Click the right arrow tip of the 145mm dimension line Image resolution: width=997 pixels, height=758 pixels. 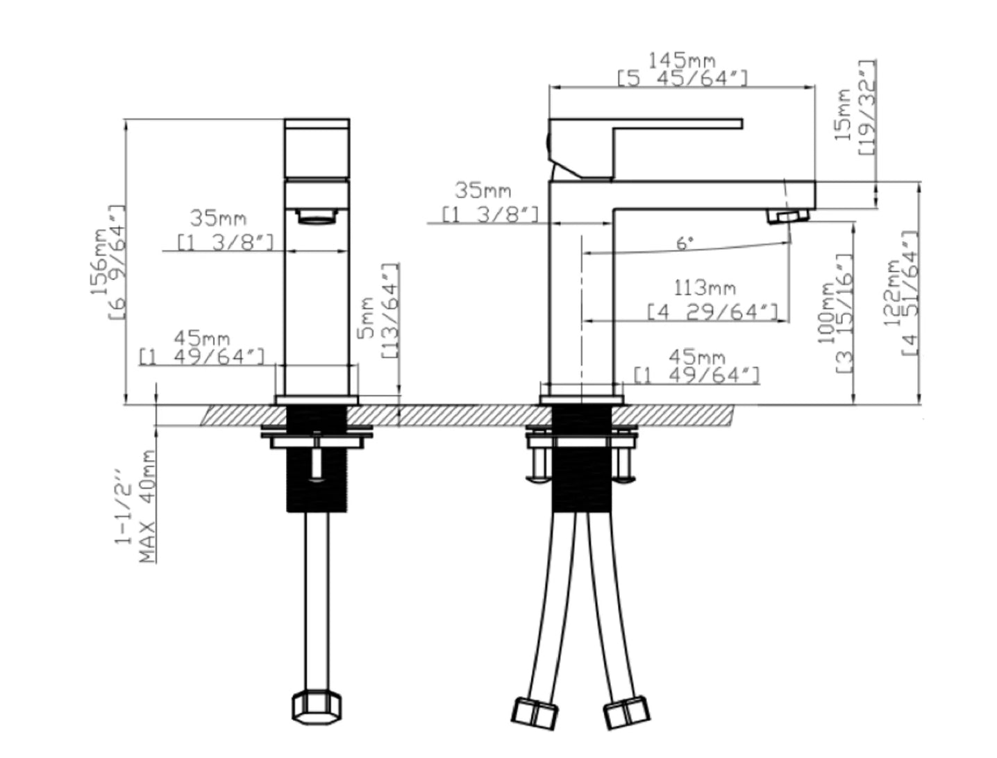coord(814,87)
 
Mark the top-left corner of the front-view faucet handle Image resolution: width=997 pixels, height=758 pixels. coord(285,119)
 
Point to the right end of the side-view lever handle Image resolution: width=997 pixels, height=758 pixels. coord(742,124)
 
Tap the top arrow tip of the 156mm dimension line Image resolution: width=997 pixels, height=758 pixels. coord(125,120)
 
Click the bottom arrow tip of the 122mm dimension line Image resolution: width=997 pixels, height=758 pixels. coord(919,403)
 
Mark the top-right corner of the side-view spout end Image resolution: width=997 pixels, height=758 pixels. coord(815,182)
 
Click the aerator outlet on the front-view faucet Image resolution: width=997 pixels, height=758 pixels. coord(317,217)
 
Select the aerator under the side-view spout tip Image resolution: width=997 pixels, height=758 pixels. coord(788,216)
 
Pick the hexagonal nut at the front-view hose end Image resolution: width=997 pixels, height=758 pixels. coord(317,707)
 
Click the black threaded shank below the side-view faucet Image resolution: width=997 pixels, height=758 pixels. coord(581,458)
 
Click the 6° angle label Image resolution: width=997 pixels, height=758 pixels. coord(685,244)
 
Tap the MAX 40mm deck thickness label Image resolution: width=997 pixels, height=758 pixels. coord(146,506)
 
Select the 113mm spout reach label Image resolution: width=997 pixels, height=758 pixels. coord(704,288)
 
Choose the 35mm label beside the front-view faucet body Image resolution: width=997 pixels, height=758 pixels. coord(218,219)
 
